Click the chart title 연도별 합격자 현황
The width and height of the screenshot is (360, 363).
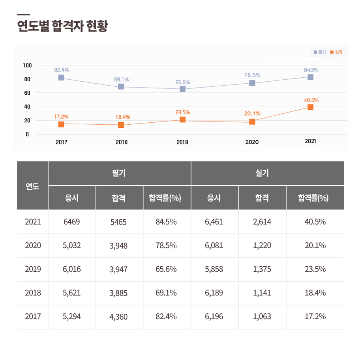tap(62, 26)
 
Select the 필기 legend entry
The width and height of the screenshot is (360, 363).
tap(319, 52)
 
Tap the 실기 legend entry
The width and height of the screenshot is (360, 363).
tap(336, 52)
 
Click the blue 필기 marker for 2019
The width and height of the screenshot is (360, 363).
tap(182, 89)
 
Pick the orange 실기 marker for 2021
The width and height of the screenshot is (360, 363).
tap(310, 107)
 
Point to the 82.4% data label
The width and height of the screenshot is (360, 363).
tap(62, 70)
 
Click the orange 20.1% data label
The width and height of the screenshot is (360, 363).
tap(252, 114)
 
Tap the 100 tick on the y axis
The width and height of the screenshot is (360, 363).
tap(27, 65)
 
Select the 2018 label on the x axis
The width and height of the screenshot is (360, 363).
tap(122, 142)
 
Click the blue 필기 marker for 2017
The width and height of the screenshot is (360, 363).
tap(61, 78)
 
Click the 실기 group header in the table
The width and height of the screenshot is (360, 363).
tap(262, 173)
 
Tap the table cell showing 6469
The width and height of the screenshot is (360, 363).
tap(71, 222)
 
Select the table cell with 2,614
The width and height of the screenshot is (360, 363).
tap(262, 222)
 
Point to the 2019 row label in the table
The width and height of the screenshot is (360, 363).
tap(33, 269)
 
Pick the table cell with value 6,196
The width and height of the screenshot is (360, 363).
tap(214, 316)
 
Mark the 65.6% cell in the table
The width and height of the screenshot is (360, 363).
tap(166, 269)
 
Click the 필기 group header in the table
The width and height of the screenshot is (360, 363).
tap(119, 173)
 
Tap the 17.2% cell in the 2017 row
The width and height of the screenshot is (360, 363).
tap(315, 316)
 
